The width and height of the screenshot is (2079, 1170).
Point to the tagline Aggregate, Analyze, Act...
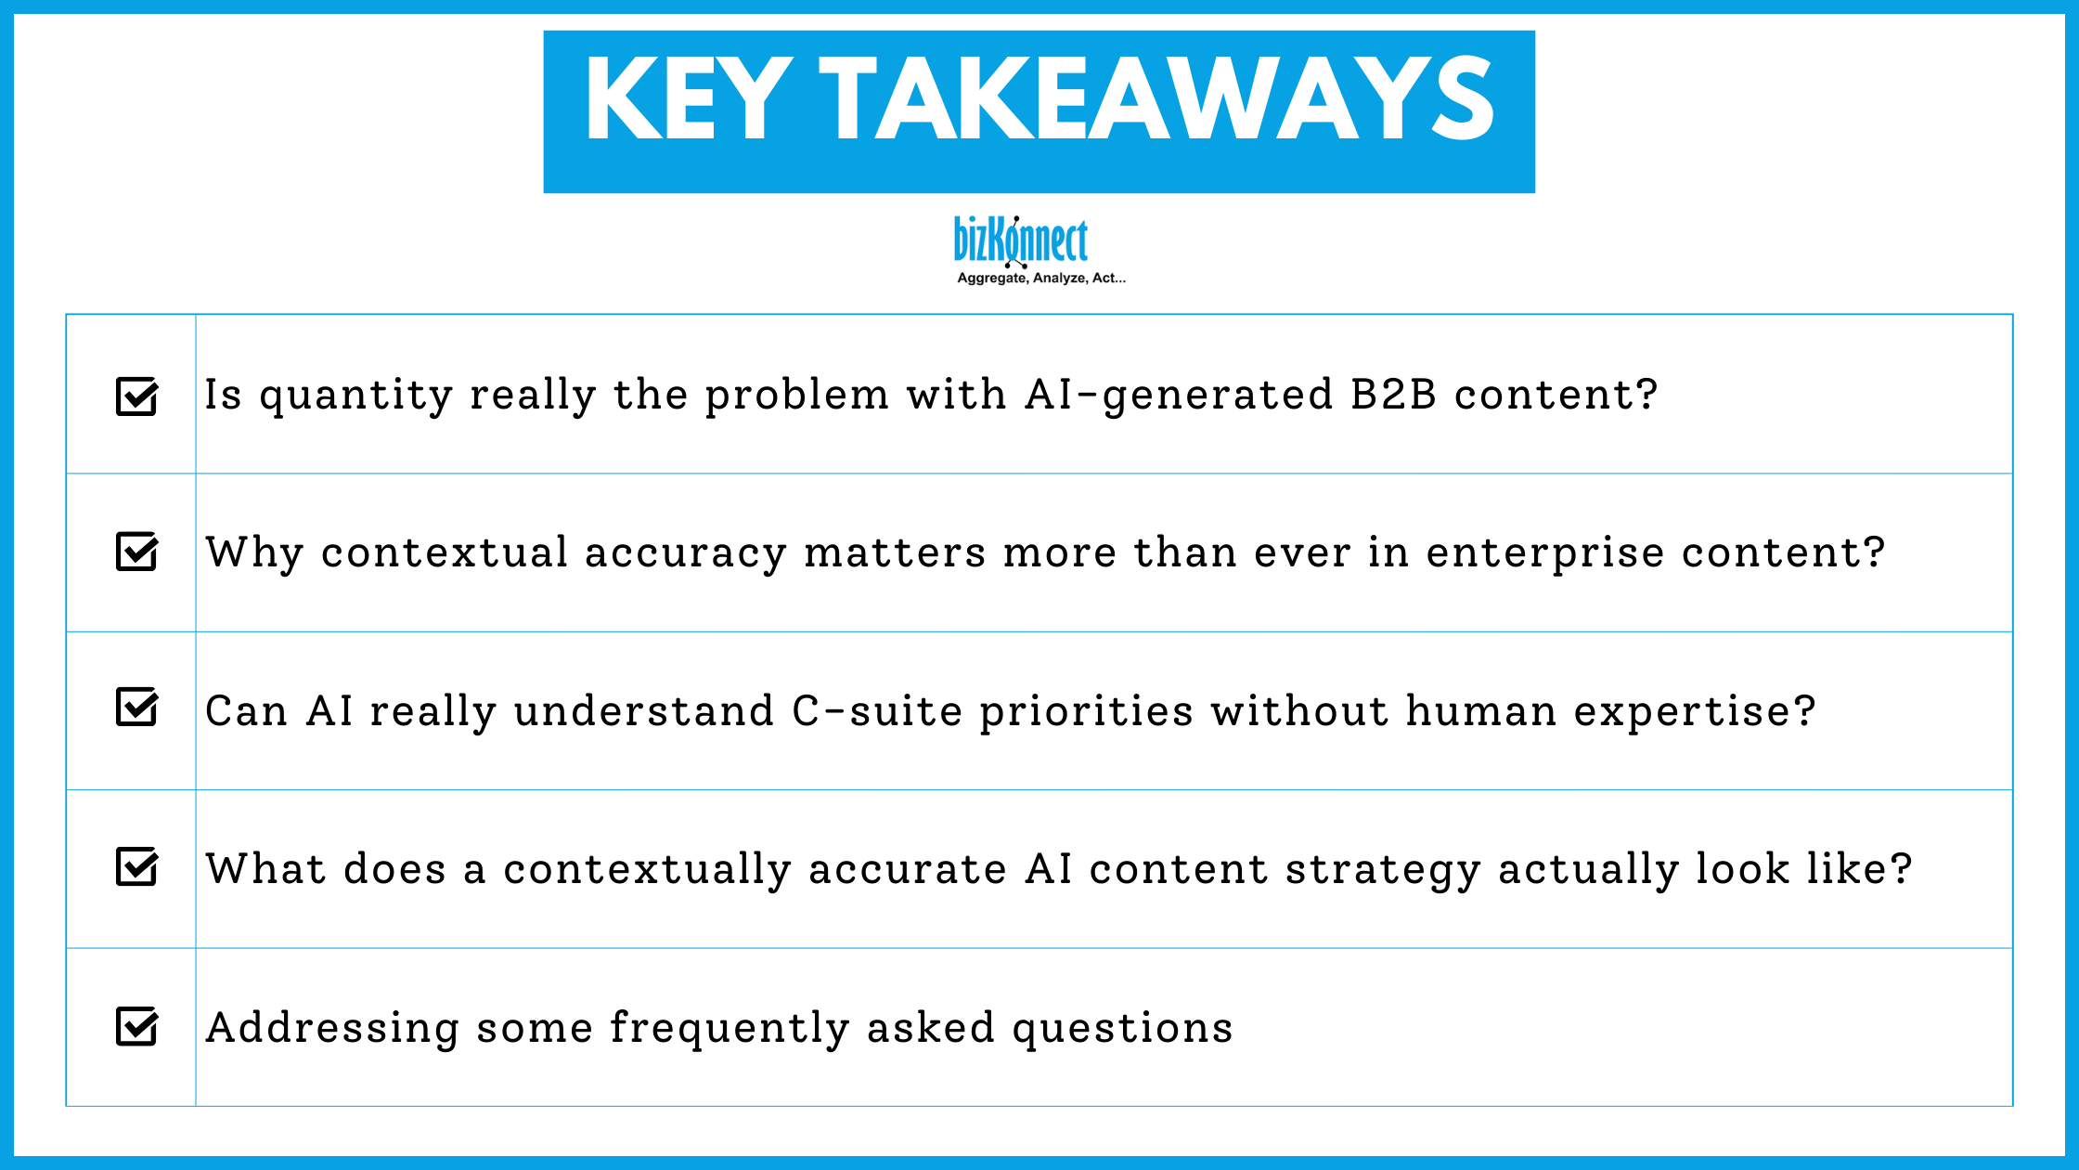click(x=1040, y=278)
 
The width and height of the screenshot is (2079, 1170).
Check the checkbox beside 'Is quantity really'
click(x=136, y=396)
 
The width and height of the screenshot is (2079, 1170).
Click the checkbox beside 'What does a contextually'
click(x=136, y=867)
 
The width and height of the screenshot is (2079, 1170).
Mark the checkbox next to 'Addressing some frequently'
click(x=136, y=1026)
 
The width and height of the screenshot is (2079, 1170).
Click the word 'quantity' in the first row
click(x=355, y=396)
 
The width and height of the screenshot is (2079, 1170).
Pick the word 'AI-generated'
click(x=1179, y=396)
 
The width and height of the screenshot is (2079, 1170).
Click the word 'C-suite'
click(x=877, y=711)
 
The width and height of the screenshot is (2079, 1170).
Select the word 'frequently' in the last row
click(x=730, y=1029)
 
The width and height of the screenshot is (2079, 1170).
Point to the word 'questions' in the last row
click(x=1122, y=1029)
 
